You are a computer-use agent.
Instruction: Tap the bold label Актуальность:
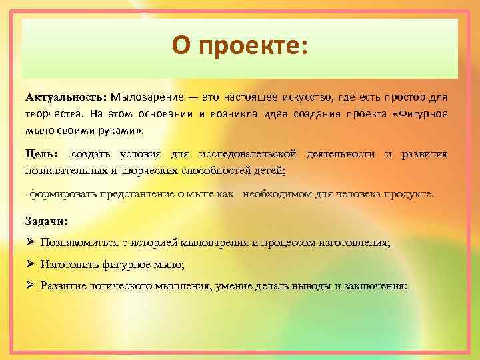point(66,98)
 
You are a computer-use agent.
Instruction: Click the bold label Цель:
point(42,155)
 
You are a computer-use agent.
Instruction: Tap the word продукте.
point(407,194)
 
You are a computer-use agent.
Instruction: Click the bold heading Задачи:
point(46,220)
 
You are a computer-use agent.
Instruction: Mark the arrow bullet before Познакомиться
point(30,242)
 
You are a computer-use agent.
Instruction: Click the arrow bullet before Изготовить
point(30,264)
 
